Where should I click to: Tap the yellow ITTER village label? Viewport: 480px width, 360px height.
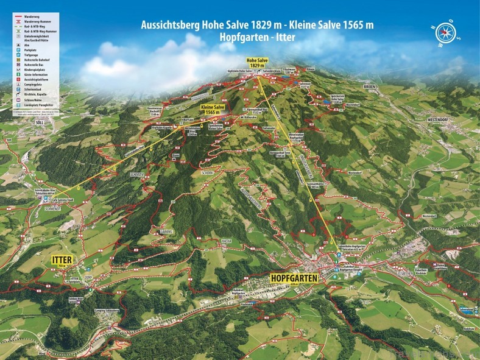pos(61,260)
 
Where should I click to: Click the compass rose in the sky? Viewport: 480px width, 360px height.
pos(446,33)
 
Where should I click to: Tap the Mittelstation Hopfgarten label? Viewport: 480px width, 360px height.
pos(296,138)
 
